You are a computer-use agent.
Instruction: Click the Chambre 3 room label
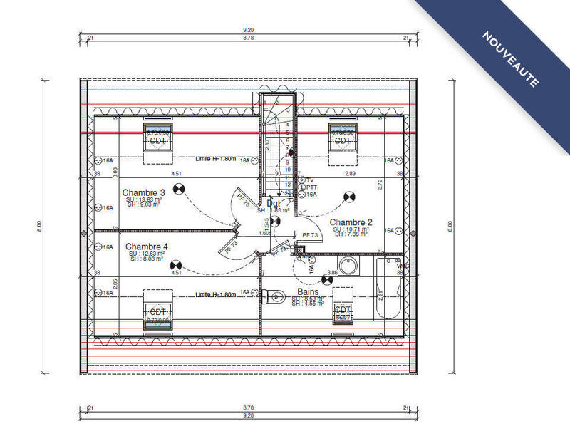[x=144, y=192]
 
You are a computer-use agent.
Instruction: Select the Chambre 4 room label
[x=147, y=247]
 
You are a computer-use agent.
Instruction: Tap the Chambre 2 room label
[x=351, y=222]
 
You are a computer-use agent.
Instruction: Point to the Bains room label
[x=308, y=292]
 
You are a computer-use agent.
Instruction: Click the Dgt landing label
[x=274, y=204]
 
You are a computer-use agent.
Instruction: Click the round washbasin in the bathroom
[x=349, y=268]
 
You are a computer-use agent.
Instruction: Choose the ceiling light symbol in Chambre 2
[x=349, y=197]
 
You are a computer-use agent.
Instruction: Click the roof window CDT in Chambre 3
[x=157, y=140]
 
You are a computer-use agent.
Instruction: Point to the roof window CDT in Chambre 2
[x=343, y=140]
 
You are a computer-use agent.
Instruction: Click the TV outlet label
[x=311, y=180]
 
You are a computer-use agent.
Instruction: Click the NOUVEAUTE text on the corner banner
[x=510, y=59]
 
